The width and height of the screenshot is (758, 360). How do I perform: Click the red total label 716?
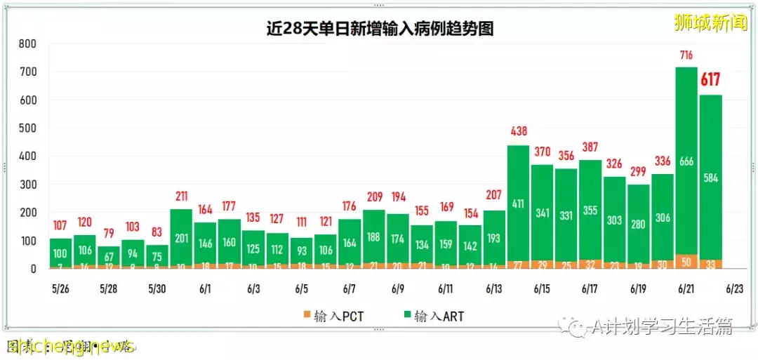[686, 55]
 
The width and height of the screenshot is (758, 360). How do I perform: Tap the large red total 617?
[710, 80]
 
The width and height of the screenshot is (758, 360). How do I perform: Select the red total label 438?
[518, 131]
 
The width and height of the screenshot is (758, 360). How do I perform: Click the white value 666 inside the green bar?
[686, 163]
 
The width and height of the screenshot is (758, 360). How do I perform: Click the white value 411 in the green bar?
[518, 205]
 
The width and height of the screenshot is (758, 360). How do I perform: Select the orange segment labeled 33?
[710, 265]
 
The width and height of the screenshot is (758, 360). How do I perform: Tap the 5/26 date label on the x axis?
[60, 288]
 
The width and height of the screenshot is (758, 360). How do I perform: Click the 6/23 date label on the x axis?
[734, 288]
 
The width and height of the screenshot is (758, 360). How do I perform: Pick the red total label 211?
[181, 196]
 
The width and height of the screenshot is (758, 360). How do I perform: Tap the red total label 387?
[590, 146]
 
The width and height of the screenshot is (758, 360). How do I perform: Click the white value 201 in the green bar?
[181, 238]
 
